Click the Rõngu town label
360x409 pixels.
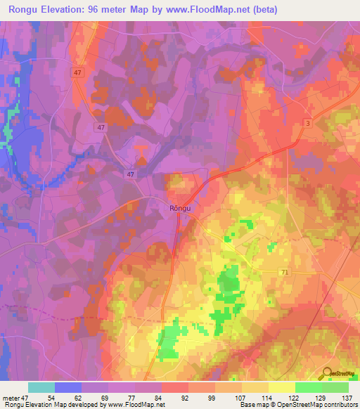(181, 208)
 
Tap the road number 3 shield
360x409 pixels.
(308, 123)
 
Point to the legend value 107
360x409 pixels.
(243, 397)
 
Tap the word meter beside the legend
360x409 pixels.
(11, 397)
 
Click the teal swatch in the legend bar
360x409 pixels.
(41, 387)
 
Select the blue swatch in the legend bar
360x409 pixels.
(68, 387)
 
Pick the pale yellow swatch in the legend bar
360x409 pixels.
(281, 387)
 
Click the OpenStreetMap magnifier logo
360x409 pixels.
(327, 373)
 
